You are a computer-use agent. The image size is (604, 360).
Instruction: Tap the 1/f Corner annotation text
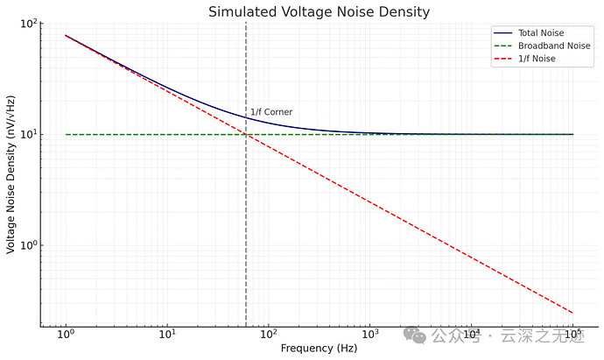coord(271,112)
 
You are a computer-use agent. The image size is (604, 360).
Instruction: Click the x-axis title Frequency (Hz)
coord(319,348)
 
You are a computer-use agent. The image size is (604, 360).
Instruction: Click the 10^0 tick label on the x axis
coord(66,335)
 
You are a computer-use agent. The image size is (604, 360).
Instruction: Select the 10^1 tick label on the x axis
coord(167,335)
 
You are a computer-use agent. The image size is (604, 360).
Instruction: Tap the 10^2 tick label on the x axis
coord(269,335)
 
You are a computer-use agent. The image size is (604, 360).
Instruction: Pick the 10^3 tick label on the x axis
coord(370,335)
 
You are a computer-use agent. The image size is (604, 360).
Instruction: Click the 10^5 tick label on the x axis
coord(573,335)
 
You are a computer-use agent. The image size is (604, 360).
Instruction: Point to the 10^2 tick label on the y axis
coord(30,24)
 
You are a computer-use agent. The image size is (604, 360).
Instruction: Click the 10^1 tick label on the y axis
coord(30,134)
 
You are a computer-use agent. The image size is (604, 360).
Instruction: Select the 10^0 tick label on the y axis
coord(30,244)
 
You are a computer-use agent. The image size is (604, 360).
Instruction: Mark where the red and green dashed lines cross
coord(246,134)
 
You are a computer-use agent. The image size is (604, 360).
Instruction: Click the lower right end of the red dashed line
coord(573,313)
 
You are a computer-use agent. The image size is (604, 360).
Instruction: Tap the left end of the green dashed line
coord(66,134)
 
